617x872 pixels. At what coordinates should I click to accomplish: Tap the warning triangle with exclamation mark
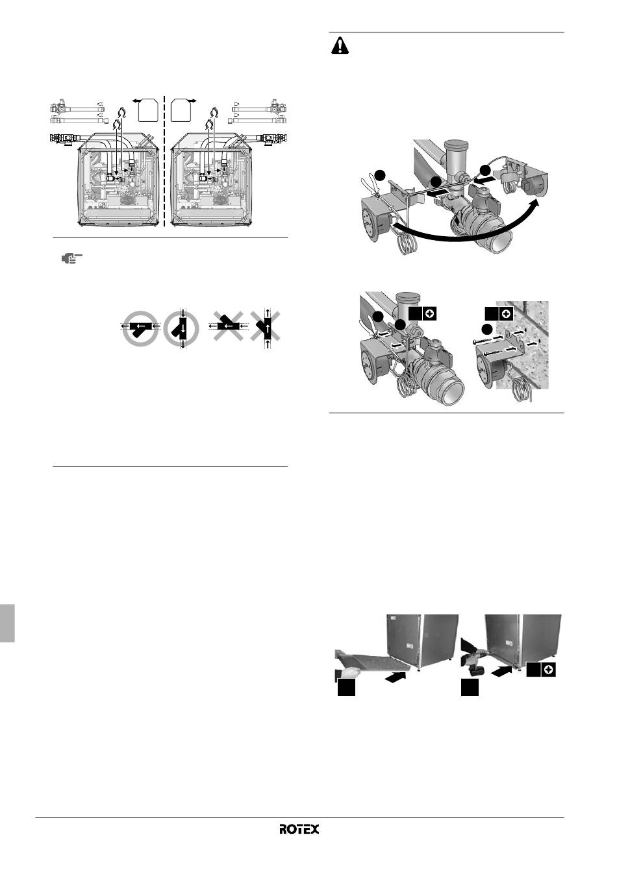[340, 45]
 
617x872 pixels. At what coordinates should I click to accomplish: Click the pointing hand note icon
[71, 258]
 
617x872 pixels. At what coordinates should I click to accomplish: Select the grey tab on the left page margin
[7, 623]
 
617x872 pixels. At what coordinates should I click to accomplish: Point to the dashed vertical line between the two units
[164, 161]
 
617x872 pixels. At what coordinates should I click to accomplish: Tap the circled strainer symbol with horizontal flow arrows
[140, 328]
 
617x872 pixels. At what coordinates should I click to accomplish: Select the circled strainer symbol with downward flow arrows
[181, 328]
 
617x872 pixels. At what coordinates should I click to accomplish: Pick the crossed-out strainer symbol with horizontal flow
[228, 326]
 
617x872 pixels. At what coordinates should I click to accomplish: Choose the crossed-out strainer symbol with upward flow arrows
[267, 328]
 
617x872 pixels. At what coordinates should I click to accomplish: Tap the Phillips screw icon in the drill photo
[548, 670]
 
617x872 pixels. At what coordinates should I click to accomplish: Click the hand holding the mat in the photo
[348, 672]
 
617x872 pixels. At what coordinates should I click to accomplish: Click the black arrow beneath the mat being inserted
[396, 678]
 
